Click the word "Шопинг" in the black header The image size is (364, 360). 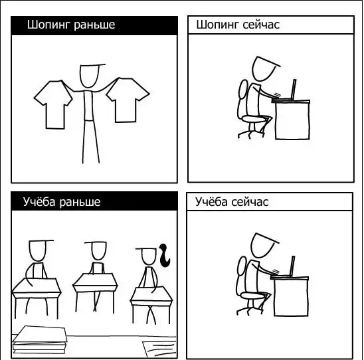point(48,25)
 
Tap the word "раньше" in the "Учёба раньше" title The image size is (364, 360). point(80,202)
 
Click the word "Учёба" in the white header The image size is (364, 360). point(211,201)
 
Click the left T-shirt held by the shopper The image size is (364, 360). point(54,104)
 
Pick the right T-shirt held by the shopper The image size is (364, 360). point(128,100)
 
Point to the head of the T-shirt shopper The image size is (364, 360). point(90,76)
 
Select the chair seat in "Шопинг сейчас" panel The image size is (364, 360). point(254,119)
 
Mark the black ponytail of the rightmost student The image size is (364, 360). point(164,255)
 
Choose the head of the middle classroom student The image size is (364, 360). point(99,251)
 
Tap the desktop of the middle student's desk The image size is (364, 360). point(95,280)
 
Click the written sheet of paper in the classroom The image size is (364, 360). point(159,349)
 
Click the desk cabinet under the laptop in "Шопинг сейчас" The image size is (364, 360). point(292,120)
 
